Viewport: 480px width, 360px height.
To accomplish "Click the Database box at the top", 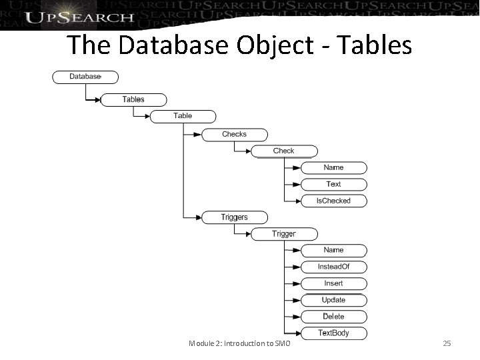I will (85, 77).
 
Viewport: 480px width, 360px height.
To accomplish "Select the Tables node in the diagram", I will (133, 99).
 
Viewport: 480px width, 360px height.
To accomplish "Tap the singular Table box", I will (183, 116).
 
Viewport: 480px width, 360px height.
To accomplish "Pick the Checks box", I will (234, 134).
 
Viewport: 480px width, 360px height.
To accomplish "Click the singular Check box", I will (283, 151).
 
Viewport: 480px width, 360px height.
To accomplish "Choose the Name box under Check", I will (333, 167).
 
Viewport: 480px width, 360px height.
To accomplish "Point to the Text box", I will (333, 184).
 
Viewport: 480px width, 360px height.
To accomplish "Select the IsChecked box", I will (333, 201).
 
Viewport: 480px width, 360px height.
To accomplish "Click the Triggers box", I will (234, 217).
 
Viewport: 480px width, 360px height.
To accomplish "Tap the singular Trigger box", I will (283, 234).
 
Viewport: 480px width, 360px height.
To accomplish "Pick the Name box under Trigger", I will (333, 250).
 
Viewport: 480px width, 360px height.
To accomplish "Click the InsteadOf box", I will (333, 267).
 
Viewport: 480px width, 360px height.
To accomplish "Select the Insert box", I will (333, 283).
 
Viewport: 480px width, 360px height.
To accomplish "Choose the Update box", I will (333, 300).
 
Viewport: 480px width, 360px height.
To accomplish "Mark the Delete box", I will (333, 316).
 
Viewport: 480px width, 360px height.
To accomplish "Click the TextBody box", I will (333, 333).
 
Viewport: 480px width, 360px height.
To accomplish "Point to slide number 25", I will (447, 343).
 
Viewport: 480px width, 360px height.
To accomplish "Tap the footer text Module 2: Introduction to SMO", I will (239, 343).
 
